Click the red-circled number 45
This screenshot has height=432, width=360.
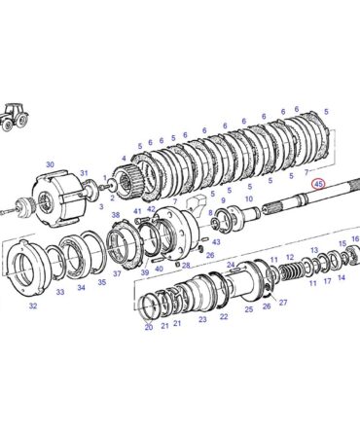pyautogui.click(x=319, y=184)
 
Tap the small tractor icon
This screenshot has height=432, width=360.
pyautogui.click(x=15, y=117)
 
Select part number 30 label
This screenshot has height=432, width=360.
pyautogui.click(x=50, y=164)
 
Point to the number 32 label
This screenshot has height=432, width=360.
pyautogui.click(x=33, y=306)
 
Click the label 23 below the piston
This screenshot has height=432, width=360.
pyautogui.click(x=202, y=320)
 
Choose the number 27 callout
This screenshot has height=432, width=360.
pyautogui.click(x=283, y=303)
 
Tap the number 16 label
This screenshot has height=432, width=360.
pyautogui.click(x=355, y=239)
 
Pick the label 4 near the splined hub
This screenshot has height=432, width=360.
pyautogui.click(x=124, y=159)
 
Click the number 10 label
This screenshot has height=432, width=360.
pyautogui.click(x=249, y=198)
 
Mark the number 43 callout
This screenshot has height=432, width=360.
pyautogui.click(x=216, y=242)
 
